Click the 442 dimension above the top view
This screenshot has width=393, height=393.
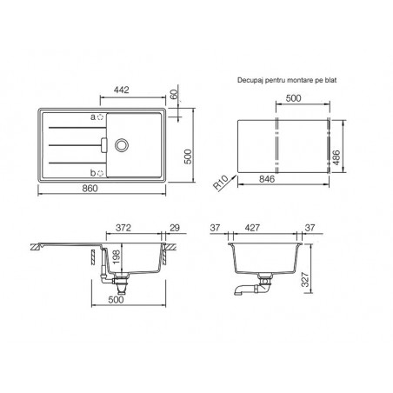pos(121,90)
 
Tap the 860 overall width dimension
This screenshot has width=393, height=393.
pos(90,189)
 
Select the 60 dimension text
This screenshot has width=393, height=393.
pos(173,95)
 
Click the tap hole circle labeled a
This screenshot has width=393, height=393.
pos(100,117)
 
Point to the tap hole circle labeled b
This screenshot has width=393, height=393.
pos(100,173)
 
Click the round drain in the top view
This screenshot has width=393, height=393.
pos(121,145)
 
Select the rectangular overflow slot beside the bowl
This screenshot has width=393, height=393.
pos(104,144)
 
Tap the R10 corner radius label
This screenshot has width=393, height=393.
pos(221,183)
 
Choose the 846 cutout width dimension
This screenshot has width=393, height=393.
pos(267,179)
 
